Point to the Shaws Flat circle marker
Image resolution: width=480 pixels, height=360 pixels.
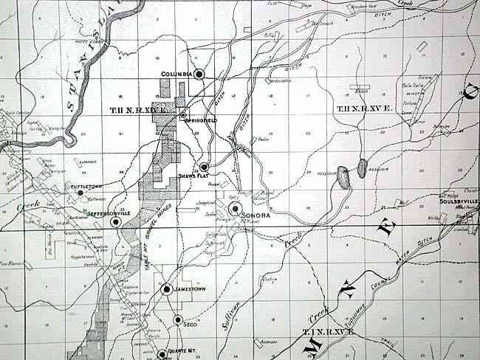pos(204,167)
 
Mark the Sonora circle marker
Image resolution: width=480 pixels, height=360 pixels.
pos(234,209)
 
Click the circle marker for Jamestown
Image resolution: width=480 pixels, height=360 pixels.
pos(168,290)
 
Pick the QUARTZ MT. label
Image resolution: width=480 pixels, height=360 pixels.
pos(184,352)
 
